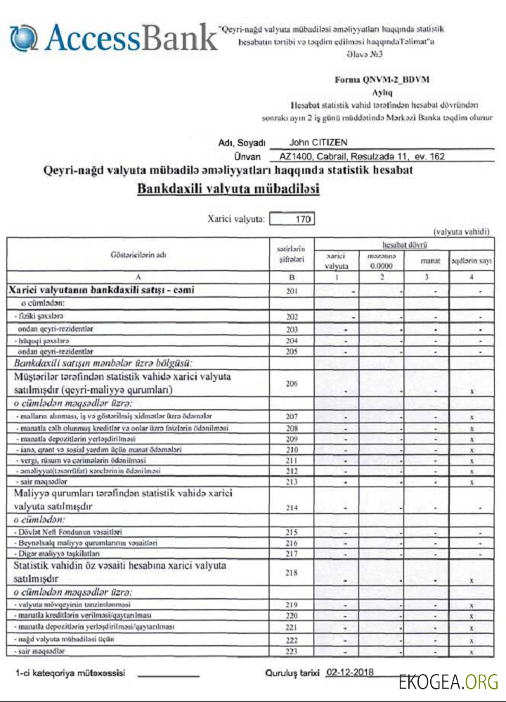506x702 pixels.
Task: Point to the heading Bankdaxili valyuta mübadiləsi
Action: (x=228, y=190)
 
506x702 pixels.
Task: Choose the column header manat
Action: (x=430, y=261)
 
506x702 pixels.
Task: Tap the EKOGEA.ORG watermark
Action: (x=448, y=682)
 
